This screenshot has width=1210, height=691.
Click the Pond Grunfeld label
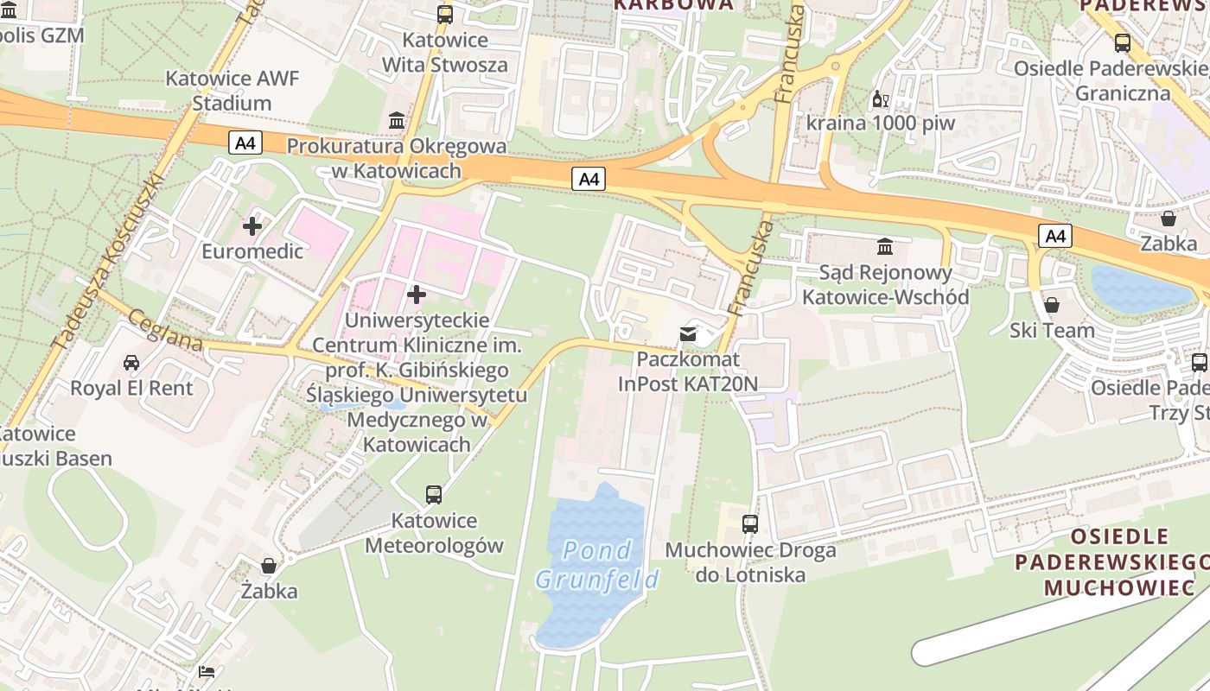tap(596, 564)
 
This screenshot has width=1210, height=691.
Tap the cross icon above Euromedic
tap(252, 227)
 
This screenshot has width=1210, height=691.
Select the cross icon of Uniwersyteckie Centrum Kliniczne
tap(417, 295)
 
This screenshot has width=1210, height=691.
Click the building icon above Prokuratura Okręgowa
tap(397, 120)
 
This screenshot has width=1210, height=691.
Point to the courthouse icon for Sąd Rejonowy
tap(885, 248)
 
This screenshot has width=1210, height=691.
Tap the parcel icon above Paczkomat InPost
tap(688, 334)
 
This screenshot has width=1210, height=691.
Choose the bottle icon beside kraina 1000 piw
tap(880, 99)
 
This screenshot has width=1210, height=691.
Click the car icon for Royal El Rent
tap(131, 362)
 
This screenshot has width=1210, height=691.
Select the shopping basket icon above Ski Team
tap(1052, 305)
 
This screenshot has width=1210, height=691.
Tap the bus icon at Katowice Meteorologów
tap(434, 495)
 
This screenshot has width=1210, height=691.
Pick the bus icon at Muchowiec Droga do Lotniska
tap(750, 524)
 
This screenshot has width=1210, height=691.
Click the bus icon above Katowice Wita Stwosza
tap(445, 14)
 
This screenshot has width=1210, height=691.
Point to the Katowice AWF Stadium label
tap(232, 91)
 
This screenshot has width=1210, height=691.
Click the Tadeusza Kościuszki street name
tap(107, 262)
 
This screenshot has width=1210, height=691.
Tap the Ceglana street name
tap(164, 331)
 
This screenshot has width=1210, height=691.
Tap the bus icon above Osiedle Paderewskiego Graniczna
tap(1123, 42)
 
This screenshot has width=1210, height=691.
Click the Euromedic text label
tap(252, 251)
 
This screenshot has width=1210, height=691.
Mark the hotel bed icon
tap(206, 671)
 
